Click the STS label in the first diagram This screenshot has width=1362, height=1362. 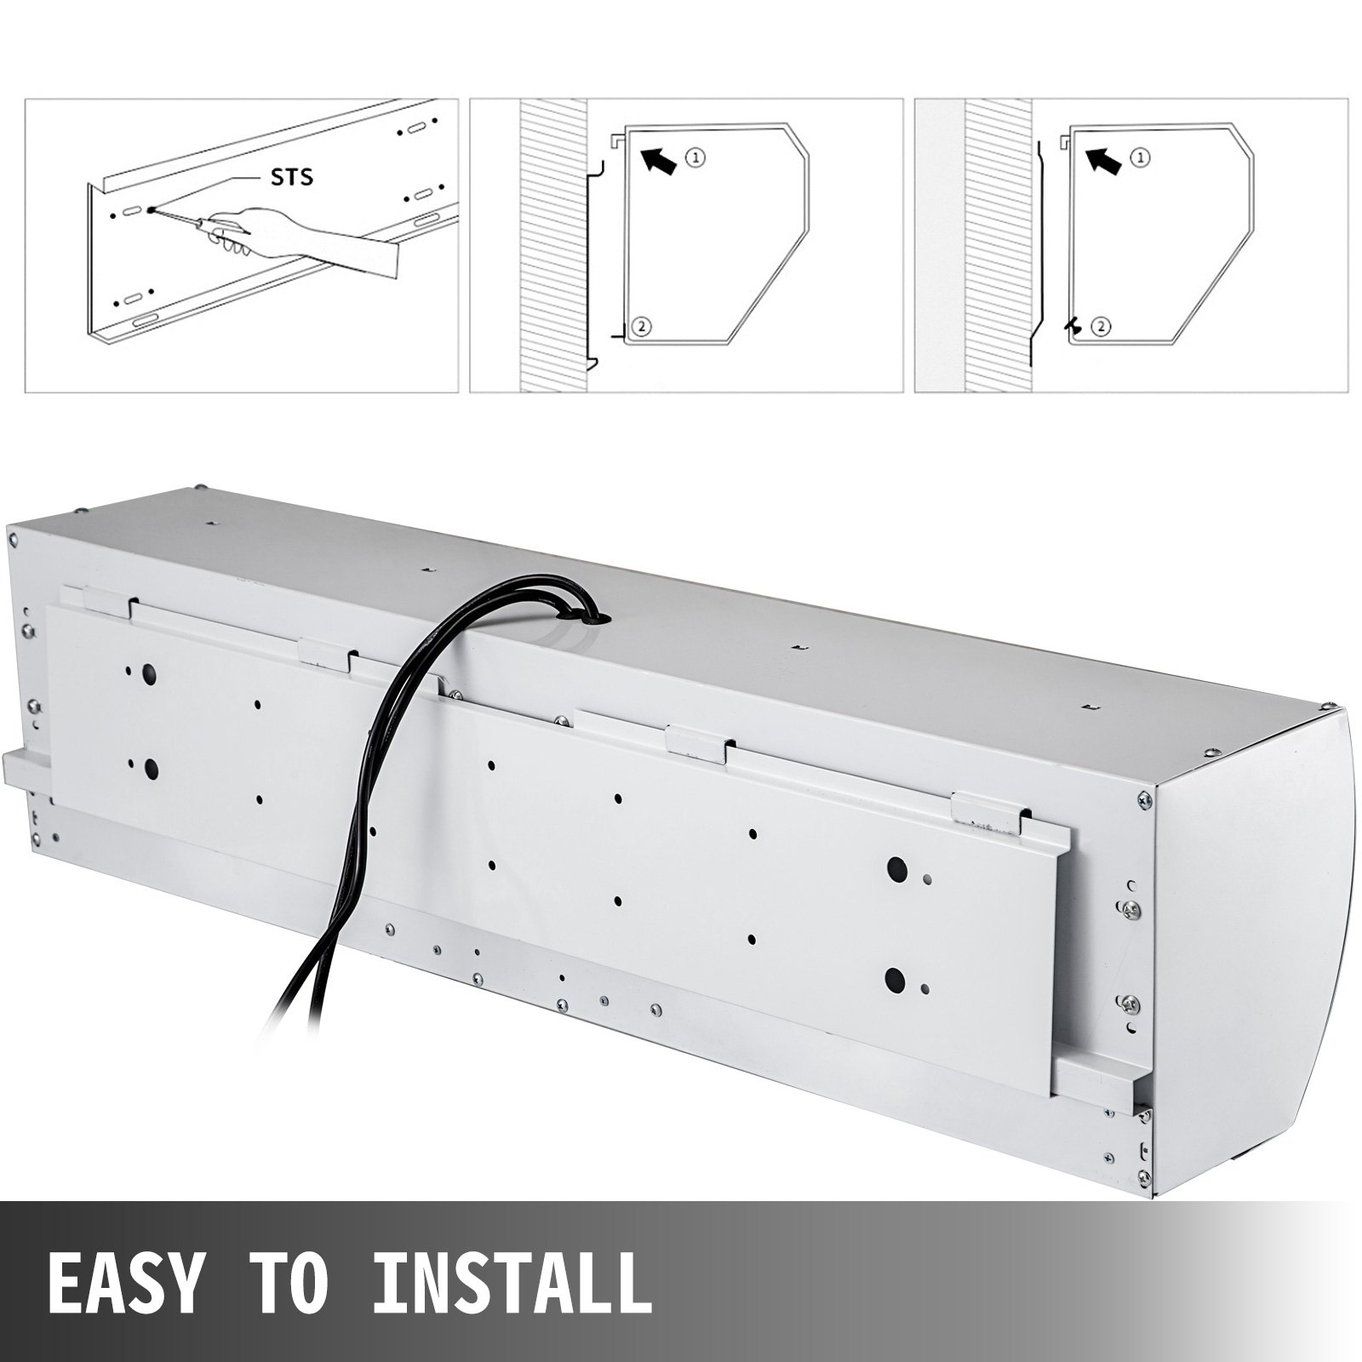coord(291,177)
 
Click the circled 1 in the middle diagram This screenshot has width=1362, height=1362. coord(696,157)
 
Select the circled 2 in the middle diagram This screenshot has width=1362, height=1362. coord(643,326)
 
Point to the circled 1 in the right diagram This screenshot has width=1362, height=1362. coord(1142,157)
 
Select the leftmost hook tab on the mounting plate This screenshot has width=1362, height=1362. coord(109,601)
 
